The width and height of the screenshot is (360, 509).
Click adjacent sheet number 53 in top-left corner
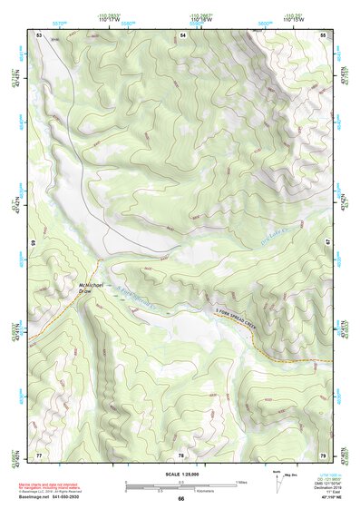pyautogui.click(x=39, y=34)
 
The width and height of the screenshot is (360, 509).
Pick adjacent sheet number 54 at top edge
pyautogui.click(x=182, y=34)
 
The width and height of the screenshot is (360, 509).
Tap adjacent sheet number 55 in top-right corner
pyautogui.click(x=324, y=34)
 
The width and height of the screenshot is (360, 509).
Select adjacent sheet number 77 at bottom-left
pyautogui.click(x=39, y=454)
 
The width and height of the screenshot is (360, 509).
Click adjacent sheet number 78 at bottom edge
pyautogui.click(x=181, y=454)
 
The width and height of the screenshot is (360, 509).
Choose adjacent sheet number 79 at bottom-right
pyautogui.click(x=324, y=454)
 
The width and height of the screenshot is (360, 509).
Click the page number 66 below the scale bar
pyautogui.click(x=180, y=498)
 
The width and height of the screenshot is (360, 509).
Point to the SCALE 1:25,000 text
pyautogui.click(x=180, y=475)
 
